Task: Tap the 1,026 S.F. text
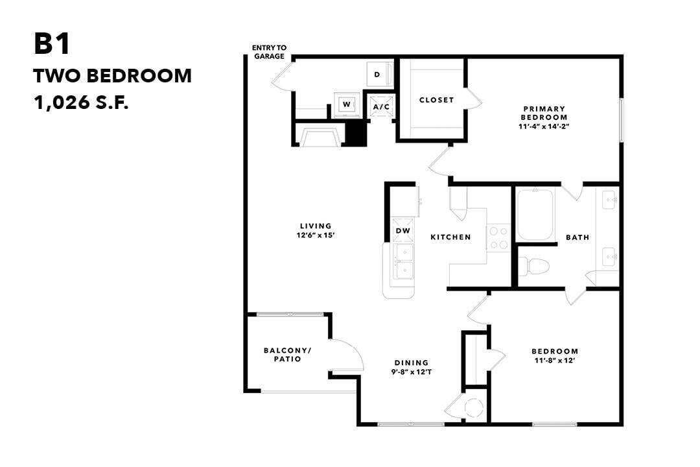pos(81,102)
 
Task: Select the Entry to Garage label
pos(269,52)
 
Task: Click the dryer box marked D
pos(377,75)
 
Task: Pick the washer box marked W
pos(346,104)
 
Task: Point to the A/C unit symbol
pos(380,105)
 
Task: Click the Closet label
pos(436,100)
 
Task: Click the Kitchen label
pos(450,237)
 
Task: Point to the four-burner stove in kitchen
pos(498,237)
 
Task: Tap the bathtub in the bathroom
pos(535,214)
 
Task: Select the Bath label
pos(577,237)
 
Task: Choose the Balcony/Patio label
pos(287,355)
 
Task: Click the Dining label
pos(412,363)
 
